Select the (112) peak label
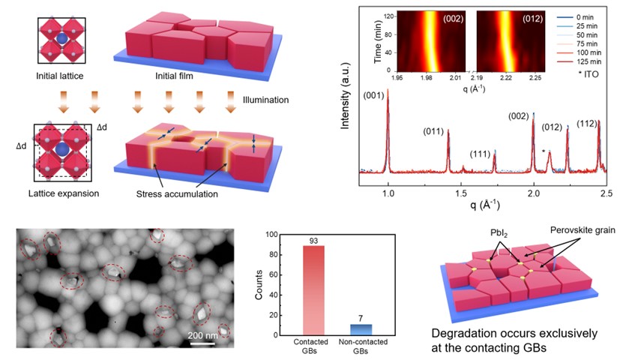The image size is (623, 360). tap(586, 123)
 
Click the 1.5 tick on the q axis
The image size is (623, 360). tap(460, 193)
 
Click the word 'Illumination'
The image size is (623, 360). tap(268, 99)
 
